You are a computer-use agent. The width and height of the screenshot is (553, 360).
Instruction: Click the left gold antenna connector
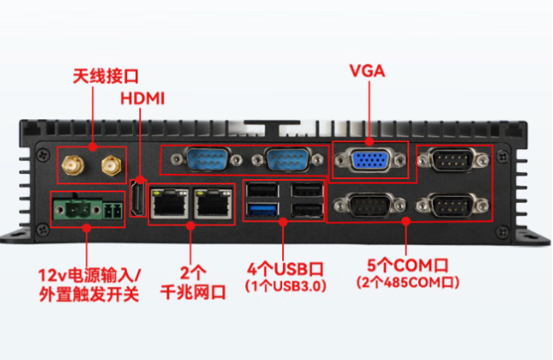pos(73,164)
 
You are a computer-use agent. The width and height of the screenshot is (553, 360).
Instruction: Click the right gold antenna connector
pos(111,165)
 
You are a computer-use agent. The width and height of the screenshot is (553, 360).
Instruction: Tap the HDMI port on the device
pos(138,198)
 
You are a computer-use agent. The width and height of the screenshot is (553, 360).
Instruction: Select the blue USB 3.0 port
pos(262,210)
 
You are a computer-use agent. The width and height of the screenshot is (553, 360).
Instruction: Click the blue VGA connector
pos(370,161)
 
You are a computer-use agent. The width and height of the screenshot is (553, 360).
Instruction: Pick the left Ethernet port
pos(169,203)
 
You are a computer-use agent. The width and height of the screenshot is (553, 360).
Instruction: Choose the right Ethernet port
pos(213,203)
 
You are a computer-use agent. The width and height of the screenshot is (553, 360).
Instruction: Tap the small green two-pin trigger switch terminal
pos(113,211)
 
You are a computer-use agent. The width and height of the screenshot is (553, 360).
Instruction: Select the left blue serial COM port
pos(207,159)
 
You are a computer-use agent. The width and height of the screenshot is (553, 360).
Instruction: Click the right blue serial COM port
pos(288,160)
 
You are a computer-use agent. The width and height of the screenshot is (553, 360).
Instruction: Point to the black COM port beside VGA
pos(453,161)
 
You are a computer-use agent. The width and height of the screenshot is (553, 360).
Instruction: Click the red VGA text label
pos(367,71)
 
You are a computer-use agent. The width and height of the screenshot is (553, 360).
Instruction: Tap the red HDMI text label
pos(143,99)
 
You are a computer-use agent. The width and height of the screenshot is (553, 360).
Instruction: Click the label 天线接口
pos(106,76)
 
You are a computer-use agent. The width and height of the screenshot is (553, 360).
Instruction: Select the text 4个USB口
pos(285,269)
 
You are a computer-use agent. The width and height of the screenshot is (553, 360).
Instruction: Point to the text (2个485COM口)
pos(408,282)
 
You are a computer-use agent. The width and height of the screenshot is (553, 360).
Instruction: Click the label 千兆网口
pos(193,292)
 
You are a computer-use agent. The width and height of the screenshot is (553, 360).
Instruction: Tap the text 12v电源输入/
pos(90,275)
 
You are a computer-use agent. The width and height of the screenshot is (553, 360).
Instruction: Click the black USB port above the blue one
pos(263,191)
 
